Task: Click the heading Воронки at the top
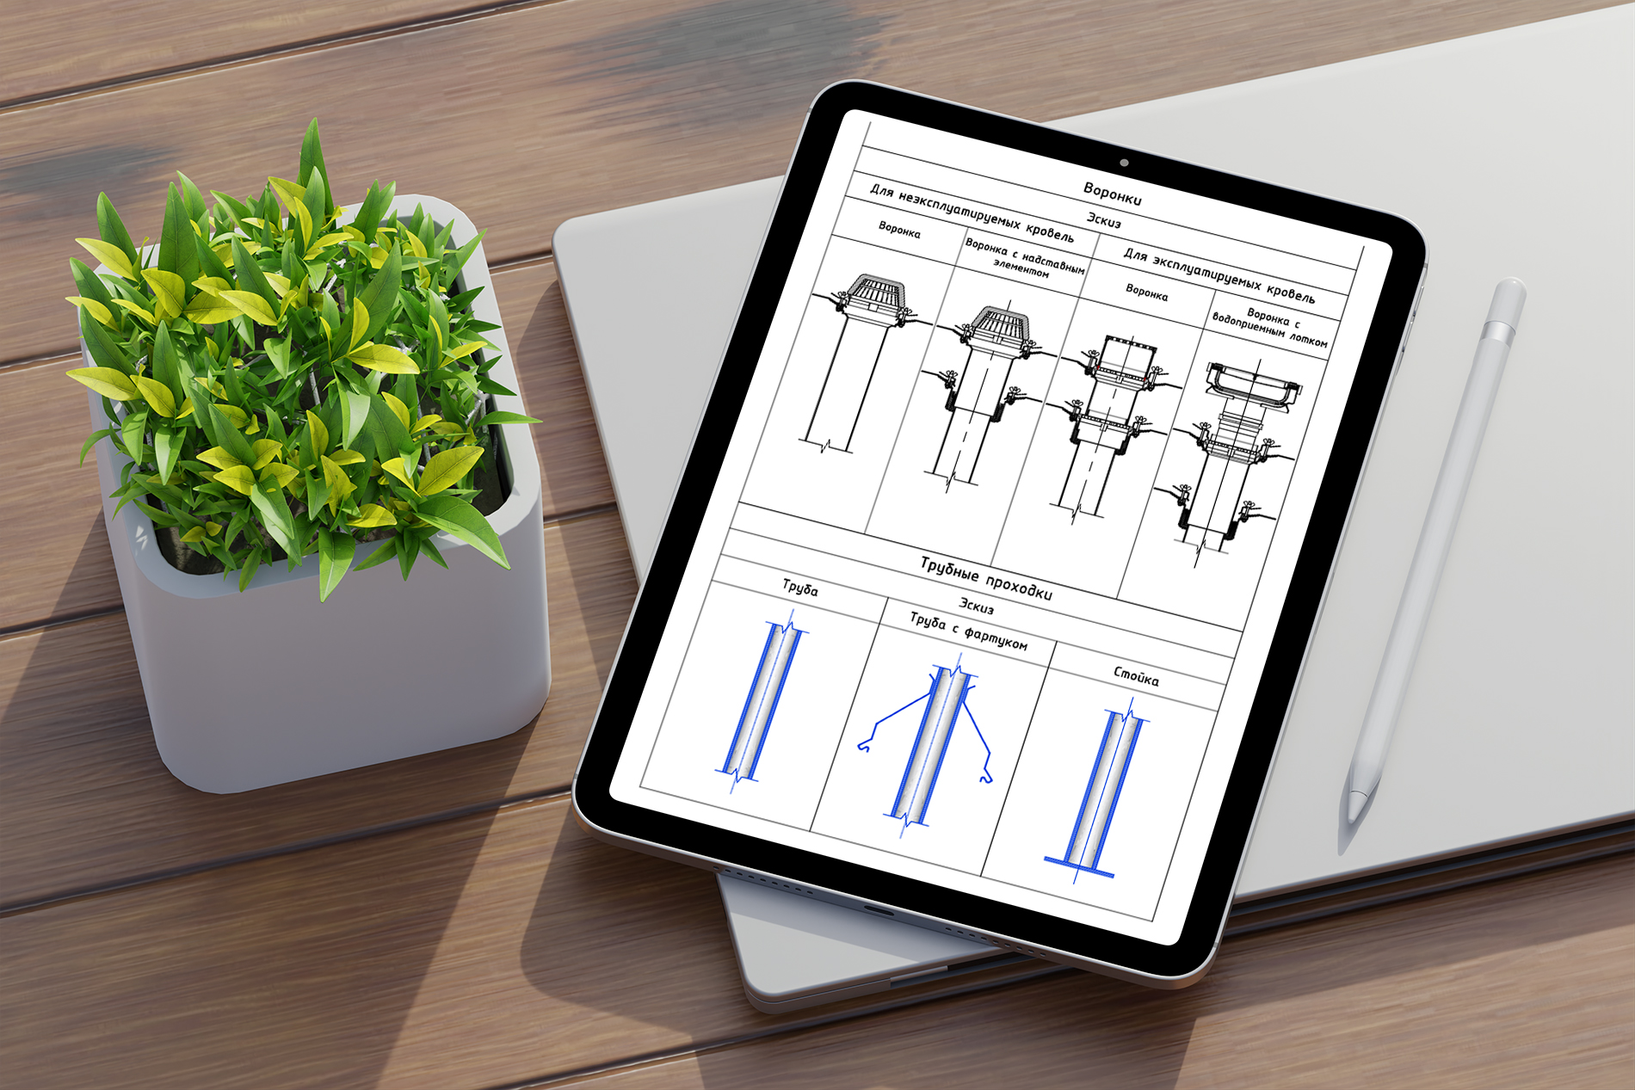1112,194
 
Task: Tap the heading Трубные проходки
986,578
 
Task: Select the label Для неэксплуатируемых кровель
972,212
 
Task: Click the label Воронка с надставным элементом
1024,257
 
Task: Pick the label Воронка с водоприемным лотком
1271,328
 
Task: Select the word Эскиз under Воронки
1103,220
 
